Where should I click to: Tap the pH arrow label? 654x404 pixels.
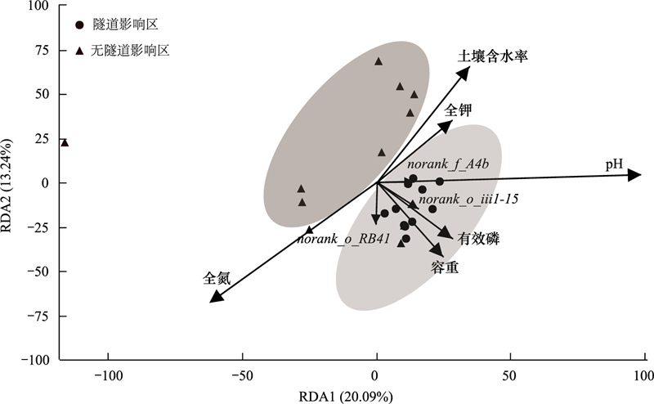click(615, 165)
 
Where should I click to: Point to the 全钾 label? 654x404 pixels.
click(458, 109)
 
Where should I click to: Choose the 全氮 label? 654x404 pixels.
click(217, 278)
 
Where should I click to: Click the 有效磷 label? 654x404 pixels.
click(478, 238)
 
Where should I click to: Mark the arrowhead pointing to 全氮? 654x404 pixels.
click(217, 296)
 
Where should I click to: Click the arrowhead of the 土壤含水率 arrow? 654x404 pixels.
click(464, 72)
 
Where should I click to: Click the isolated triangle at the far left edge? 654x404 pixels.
click(65, 142)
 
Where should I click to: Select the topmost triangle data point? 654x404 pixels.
click(379, 61)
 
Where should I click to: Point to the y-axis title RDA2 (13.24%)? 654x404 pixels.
click(11, 182)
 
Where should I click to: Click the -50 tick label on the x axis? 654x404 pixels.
click(242, 378)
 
